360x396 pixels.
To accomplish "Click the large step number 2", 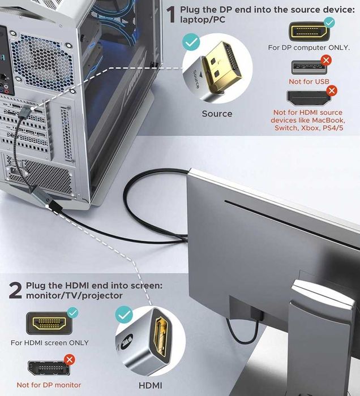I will (15, 291).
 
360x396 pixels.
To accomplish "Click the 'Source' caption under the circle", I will (217, 114).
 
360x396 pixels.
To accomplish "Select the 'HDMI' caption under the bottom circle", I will (151, 385).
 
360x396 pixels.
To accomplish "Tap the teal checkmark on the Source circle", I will (191, 42).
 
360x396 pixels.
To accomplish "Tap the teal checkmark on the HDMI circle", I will (124, 315).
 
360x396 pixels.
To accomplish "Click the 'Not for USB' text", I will (309, 82).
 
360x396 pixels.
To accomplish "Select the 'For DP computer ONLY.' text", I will (309, 48).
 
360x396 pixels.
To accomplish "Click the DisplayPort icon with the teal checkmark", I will (309, 31).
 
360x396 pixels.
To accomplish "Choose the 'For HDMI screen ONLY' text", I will (50, 343).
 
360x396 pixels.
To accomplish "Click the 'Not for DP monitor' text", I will (49, 385).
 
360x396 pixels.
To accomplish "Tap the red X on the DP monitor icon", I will (70, 359).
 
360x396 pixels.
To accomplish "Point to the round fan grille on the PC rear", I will (45, 63).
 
